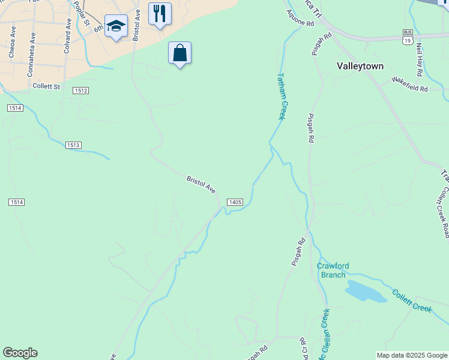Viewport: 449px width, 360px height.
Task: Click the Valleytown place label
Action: click(x=360, y=66)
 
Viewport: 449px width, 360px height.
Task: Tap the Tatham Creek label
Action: click(x=280, y=96)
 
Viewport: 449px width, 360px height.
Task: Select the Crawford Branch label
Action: click(x=333, y=270)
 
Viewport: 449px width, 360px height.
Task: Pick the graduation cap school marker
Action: click(x=116, y=26)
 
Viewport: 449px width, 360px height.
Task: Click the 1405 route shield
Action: click(x=235, y=203)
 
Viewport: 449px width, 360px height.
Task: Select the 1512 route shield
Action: click(x=82, y=91)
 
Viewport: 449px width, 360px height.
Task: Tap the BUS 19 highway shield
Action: click(x=408, y=37)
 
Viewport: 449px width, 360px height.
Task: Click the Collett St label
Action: click(x=47, y=86)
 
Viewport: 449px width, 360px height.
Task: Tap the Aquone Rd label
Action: click(x=300, y=20)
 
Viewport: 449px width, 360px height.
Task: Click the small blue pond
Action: click(x=365, y=292)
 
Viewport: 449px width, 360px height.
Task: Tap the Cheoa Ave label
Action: click(x=11, y=45)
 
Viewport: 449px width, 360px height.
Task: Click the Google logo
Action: click(x=20, y=353)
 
